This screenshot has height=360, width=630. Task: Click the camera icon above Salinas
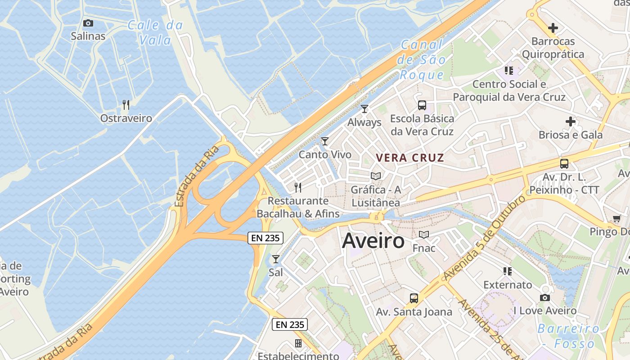click(x=88, y=23)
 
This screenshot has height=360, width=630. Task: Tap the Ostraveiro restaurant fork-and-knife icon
click(x=126, y=105)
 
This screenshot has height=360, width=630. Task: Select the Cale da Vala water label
click(x=156, y=32)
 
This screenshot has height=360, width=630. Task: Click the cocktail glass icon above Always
click(x=364, y=109)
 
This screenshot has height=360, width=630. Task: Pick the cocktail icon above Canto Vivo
click(x=325, y=141)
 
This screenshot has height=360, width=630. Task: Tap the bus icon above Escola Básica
click(x=422, y=105)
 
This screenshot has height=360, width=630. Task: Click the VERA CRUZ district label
click(x=410, y=158)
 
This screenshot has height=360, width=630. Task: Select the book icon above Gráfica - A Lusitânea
click(x=376, y=176)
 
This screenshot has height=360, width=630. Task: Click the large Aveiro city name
click(x=373, y=241)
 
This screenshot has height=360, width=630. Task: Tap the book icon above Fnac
click(x=424, y=234)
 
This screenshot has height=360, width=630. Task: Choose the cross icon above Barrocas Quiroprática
click(x=553, y=28)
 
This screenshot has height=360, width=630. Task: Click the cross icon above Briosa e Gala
click(x=571, y=121)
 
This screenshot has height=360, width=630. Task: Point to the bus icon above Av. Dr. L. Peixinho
click(x=564, y=164)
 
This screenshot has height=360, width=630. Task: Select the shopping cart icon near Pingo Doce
click(x=617, y=219)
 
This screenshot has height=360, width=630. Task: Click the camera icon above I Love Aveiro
click(x=545, y=297)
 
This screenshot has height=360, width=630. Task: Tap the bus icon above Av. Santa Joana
click(x=414, y=298)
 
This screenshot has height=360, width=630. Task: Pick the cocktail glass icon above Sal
click(x=276, y=259)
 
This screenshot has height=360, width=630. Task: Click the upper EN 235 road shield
click(x=265, y=238)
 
